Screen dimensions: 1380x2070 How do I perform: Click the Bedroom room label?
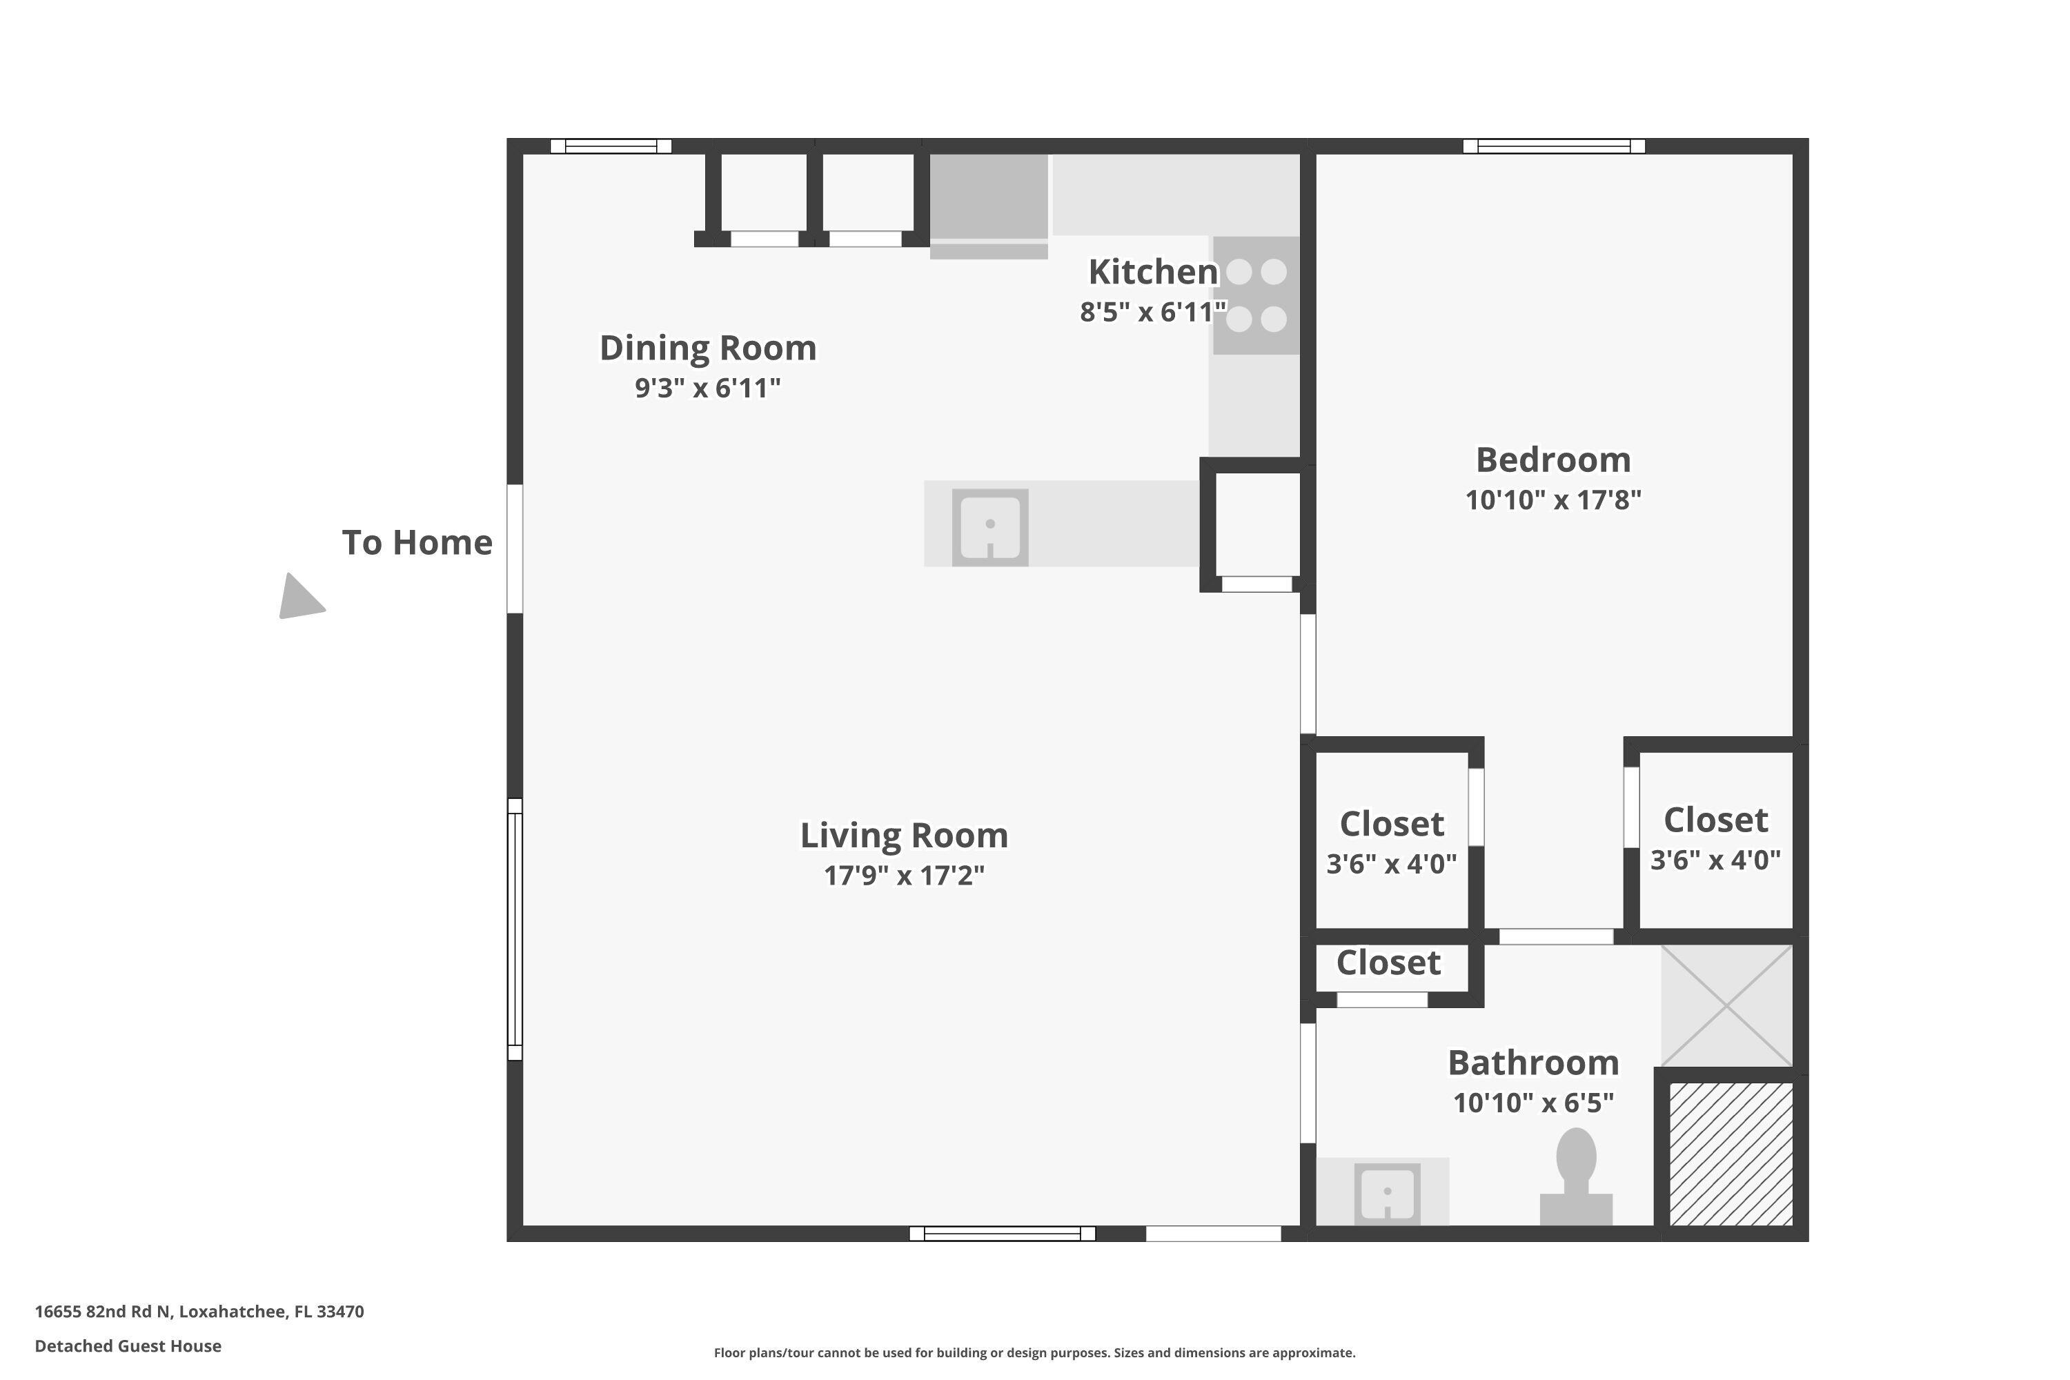coord(1552,460)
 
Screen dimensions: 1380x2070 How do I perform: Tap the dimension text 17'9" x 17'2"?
coord(904,876)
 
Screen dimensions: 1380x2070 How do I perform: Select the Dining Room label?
coord(708,348)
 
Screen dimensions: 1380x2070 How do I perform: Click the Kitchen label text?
coord(1153,272)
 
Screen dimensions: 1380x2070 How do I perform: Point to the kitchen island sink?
coord(990,527)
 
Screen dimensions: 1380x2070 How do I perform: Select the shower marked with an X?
coord(1727,1006)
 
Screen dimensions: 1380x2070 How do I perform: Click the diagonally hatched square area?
coord(1731,1154)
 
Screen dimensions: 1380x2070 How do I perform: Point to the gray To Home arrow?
coord(299,598)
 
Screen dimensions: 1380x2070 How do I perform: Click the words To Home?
coord(417,543)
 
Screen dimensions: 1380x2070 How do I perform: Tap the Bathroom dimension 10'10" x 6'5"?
coord(1533,1103)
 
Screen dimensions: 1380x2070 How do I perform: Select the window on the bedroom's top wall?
coord(1553,146)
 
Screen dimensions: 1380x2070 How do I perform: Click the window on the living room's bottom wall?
coord(1002,1234)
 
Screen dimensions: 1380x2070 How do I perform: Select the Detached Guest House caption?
coord(128,1345)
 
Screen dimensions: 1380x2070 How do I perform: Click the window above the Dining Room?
coord(611,146)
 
